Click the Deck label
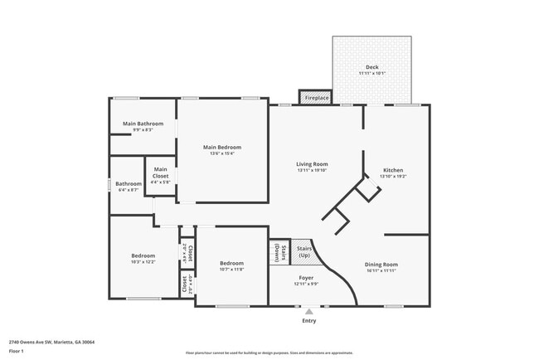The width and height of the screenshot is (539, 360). pos(371,67)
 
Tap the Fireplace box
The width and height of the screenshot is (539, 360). pos(315,98)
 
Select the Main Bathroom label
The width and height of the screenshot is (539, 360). pos(143,124)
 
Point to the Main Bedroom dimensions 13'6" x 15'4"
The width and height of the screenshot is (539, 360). pos(222,153)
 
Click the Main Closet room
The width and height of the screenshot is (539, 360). pos(160,176)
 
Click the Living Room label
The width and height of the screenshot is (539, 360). pos(312,164)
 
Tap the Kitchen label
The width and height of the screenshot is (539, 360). pos(392,170)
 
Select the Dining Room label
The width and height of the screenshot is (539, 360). pos(381,265)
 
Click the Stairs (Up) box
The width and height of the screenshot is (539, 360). pos(303,251)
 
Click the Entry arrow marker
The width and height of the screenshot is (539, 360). pos(309,311)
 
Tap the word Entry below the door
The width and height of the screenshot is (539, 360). pos(309,320)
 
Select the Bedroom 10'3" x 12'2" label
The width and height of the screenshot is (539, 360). pos(143,255)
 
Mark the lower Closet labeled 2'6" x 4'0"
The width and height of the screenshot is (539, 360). pos(187,283)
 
